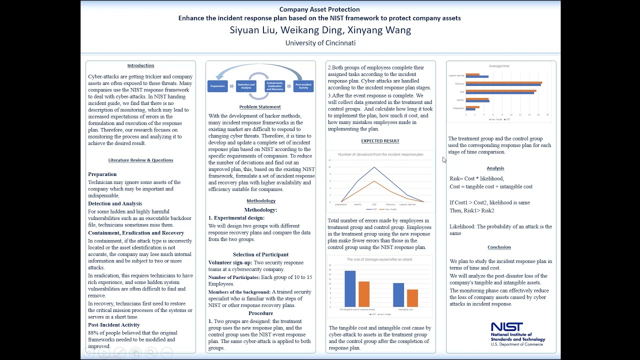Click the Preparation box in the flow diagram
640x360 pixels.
point(217,86)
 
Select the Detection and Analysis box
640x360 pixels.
point(246,86)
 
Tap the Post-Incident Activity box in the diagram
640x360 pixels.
point(303,86)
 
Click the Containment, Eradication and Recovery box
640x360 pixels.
point(275,86)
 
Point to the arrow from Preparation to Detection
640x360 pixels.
point(231,86)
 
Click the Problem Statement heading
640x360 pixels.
point(260,106)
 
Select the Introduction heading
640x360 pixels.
point(140,65)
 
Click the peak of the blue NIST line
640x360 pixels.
point(374,167)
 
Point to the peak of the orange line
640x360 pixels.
point(374,181)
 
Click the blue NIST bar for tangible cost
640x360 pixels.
point(350,288)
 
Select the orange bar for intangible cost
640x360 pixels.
point(412,298)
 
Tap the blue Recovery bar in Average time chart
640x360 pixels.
point(503,84)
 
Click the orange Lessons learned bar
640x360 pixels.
point(472,74)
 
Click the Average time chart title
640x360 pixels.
point(499,66)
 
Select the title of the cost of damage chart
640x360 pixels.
point(379,259)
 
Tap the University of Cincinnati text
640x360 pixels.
point(320,43)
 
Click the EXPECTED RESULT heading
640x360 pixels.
point(380,141)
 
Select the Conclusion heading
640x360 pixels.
point(499,247)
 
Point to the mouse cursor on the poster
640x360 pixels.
point(444,159)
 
